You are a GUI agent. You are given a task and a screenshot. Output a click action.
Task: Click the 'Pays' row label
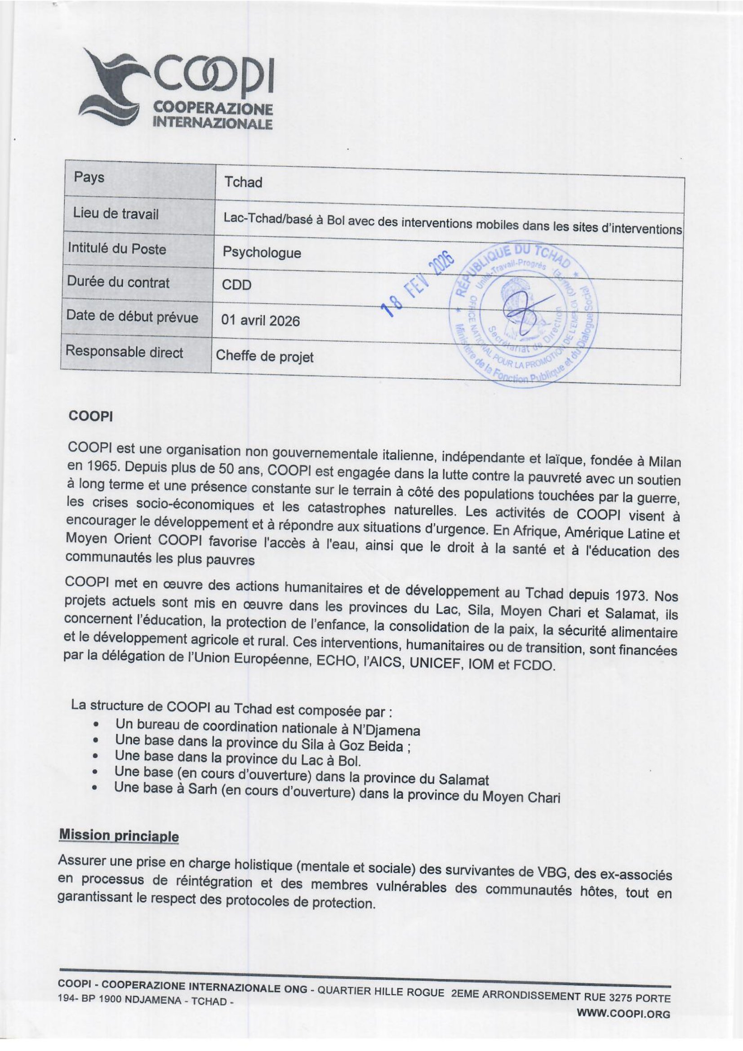(x=89, y=177)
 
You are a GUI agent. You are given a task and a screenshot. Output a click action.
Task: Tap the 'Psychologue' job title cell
(x=262, y=253)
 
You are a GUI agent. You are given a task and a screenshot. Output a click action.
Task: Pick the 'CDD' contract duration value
(x=237, y=285)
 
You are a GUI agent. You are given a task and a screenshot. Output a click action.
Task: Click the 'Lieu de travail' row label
(x=116, y=213)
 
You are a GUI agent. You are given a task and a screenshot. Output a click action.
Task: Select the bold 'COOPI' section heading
(x=90, y=416)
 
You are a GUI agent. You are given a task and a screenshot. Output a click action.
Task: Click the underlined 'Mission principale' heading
(x=119, y=835)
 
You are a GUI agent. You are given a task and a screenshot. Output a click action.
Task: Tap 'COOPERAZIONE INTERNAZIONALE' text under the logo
(x=213, y=115)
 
